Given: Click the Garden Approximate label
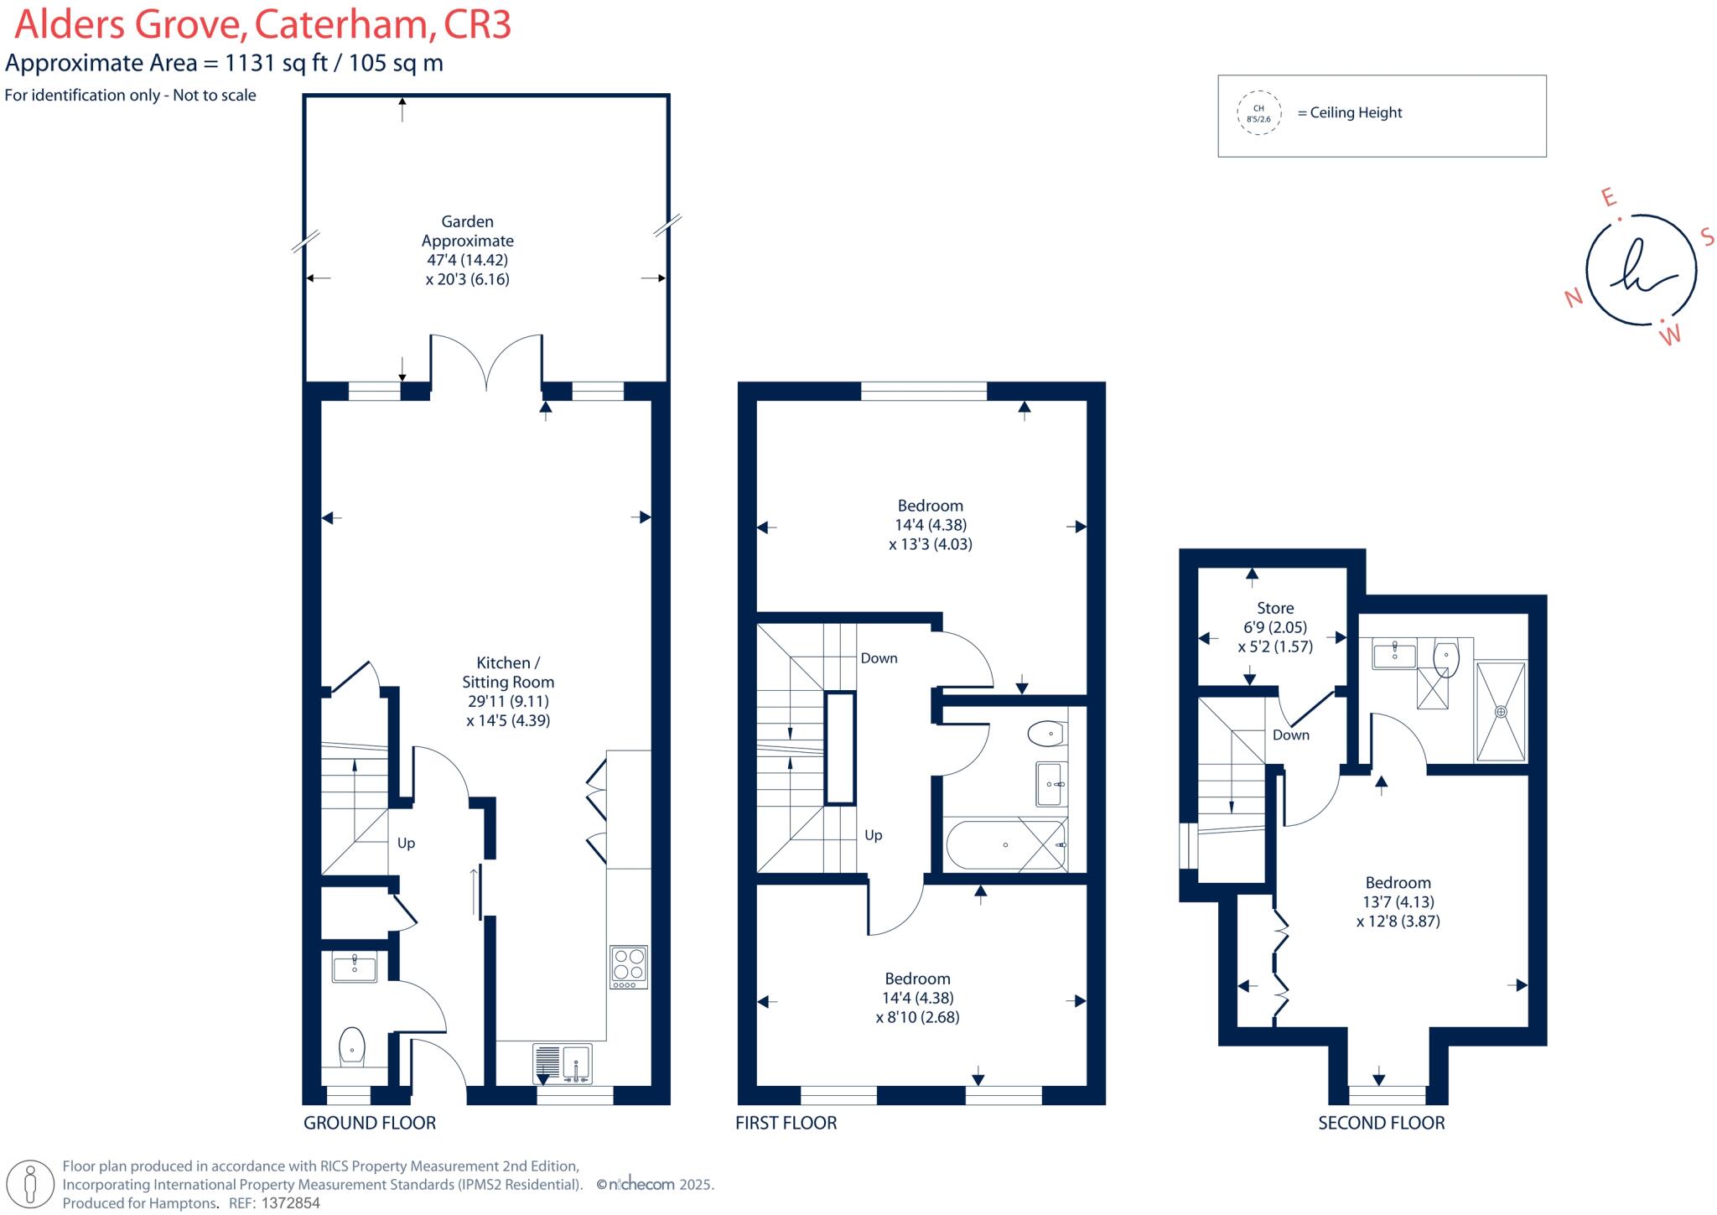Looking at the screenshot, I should click(467, 231).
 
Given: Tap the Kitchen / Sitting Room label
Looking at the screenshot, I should click(508, 672).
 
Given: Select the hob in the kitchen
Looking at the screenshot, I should click(629, 967).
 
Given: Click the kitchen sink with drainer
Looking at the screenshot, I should click(563, 1064).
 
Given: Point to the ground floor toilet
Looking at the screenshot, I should click(353, 1047).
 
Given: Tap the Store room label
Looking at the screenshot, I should click(1275, 609).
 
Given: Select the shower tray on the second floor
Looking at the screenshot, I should click(1501, 711).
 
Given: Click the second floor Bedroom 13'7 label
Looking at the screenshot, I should click(1398, 883).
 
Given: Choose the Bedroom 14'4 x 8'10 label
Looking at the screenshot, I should click(917, 979).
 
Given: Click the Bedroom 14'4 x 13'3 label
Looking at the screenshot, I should click(930, 506).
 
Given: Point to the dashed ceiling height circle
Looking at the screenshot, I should click(1258, 113).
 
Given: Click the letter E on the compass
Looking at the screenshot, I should click(1608, 197).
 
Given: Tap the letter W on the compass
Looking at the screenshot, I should click(1671, 336).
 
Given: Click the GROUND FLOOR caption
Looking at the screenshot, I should click(370, 1123).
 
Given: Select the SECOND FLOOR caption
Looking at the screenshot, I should click(1381, 1123).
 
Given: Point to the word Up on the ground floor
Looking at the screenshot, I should click(406, 844).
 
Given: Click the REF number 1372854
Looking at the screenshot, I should click(292, 1203).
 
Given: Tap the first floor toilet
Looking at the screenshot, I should click(1045, 735).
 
